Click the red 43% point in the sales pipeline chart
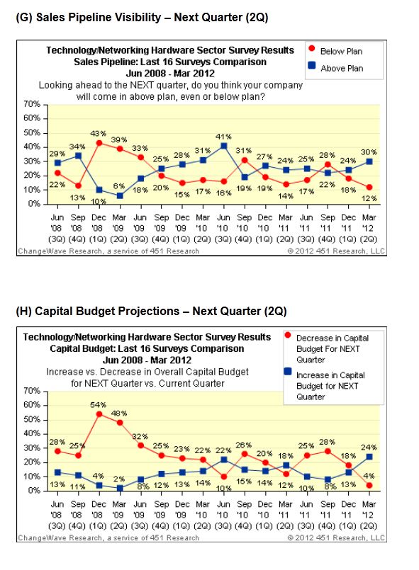tap(99, 143)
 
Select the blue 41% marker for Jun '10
tap(224, 146)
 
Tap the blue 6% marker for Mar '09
tap(120, 195)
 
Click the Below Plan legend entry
tap(335, 50)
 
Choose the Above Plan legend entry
tap(335, 67)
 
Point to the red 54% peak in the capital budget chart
tap(99, 414)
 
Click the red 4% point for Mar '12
tap(369, 485)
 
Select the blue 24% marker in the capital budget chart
tap(369, 457)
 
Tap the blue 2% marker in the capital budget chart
tap(120, 488)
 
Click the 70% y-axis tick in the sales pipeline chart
tap(32, 104)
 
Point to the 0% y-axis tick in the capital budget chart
tap(35, 491)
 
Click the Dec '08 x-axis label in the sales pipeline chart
tap(99, 228)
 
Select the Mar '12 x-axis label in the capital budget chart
tap(369, 515)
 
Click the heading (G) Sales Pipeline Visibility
tap(142, 17)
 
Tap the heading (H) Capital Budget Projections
tap(152, 311)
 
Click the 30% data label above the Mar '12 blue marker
tap(369, 152)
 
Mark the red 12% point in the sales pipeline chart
tap(369, 187)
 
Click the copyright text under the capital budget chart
tap(336, 537)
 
